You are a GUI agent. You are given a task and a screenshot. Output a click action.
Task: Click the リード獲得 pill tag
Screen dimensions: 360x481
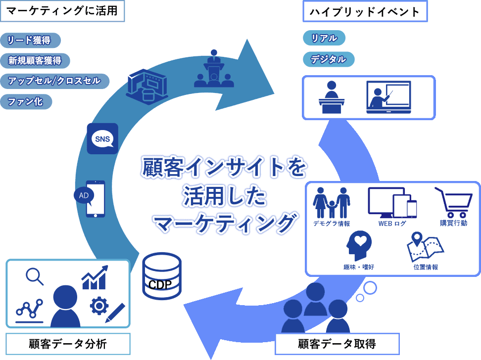(x=31, y=41)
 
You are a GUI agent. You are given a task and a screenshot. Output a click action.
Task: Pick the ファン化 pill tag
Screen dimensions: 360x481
(x=26, y=102)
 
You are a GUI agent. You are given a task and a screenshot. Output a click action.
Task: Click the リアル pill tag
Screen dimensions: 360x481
(x=324, y=38)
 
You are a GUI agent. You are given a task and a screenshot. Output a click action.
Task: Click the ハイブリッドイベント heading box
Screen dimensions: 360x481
(x=365, y=12)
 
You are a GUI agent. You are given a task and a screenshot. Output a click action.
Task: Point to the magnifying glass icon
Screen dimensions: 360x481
(x=35, y=276)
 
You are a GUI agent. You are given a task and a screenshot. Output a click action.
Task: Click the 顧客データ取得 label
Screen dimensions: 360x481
(x=330, y=344)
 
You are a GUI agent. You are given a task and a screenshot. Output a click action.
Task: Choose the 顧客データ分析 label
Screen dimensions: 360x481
(x=68, y=344)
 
